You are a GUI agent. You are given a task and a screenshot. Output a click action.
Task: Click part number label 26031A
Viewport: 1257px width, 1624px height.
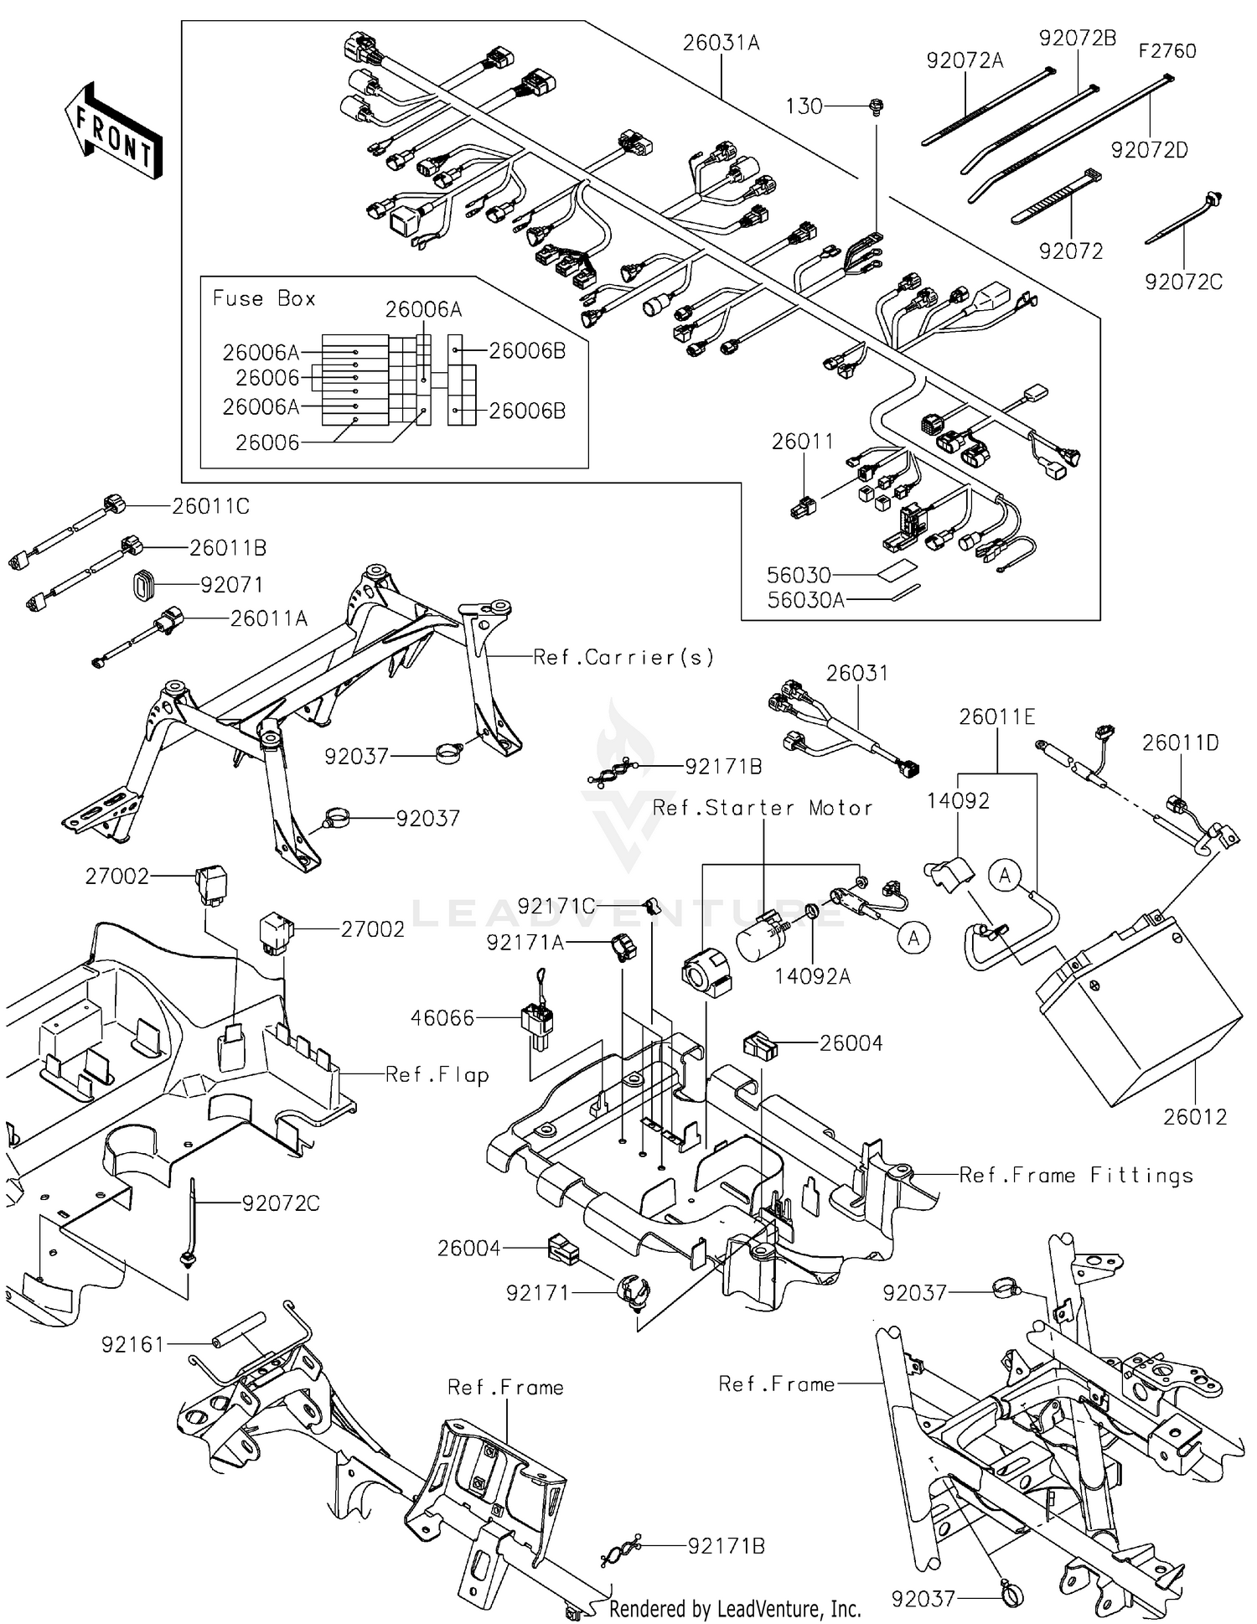[x=721, y=43]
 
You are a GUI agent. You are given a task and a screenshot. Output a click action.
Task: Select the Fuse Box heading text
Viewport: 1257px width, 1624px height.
[x=264, y=298]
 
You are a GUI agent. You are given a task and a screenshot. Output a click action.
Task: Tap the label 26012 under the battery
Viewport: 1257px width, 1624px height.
[x=1194, y=1116]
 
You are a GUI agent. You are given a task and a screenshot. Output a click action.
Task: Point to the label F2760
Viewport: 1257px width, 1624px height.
[x=1166, y=51]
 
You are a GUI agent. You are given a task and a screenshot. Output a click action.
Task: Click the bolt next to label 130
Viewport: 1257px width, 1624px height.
[x=877, y=106]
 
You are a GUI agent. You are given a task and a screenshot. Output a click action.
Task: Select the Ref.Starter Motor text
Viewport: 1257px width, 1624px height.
[x=763, y=808]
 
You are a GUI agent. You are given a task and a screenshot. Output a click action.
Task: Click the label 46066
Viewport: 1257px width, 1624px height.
[x=442, y=1018]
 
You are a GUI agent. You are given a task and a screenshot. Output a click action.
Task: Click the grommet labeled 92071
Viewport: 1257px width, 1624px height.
[x=144, y=584]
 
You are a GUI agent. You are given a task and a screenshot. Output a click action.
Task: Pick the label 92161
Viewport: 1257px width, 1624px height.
[x=133, y=1344]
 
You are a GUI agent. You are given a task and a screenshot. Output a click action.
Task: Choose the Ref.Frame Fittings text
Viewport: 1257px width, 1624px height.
[x=1076, y=1176]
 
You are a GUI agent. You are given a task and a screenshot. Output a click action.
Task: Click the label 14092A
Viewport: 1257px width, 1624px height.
[x=812, y=975]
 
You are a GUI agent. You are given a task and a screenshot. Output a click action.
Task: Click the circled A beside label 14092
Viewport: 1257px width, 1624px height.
[x=1005, y=877]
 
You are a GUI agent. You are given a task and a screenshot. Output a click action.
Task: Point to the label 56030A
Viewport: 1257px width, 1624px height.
[x=805, y=599]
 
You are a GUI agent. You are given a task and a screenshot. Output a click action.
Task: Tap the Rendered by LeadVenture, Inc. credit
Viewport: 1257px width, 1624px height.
[x=735, y=1608]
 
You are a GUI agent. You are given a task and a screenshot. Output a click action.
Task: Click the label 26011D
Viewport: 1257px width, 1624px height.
[x=1180, y=742]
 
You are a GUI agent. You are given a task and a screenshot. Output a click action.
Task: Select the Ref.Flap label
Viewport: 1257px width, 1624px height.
[x=437, y=1074]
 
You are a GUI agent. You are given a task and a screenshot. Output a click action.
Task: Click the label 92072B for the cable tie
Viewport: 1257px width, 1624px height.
[x=1078, y=38]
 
